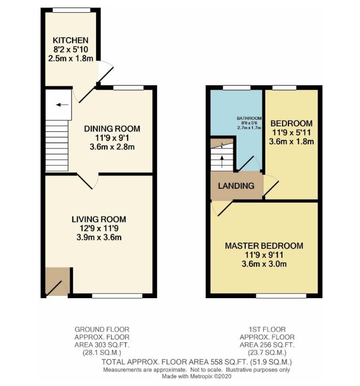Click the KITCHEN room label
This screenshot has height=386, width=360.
pyautogui.click(x=70, y=40)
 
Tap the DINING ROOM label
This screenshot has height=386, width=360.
pyautogui.click(x=112, y=129)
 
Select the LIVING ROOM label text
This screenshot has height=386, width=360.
pyautogui.click(x=99, y=219)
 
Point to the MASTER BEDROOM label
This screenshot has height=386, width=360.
pyautogui.click(x=264, y=246)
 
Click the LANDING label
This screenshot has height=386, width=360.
pyautogui.click(x=236, y=185)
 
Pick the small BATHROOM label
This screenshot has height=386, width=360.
pyautogui.click(x=249, y=118)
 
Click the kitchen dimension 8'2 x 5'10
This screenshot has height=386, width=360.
pyautogui.click(x=70, y=49)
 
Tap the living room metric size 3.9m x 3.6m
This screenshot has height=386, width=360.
pyautogui.click(x=99, y=237)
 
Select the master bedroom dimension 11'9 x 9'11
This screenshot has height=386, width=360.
pyautogui.click(x=264, y=255)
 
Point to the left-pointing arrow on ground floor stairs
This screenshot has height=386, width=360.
pyautogui.click(x=63, y=105)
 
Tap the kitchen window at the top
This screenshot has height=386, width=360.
pyautogui.click(x=71, y=10)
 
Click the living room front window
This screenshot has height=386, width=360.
pyautogui.click(x=117, y=296)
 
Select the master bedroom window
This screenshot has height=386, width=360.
pyautogui.click(x=281, y=296)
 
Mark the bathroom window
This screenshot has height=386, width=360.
pyautogui.click(x=236, y=88)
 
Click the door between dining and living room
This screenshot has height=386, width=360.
pyautogui.click(x=88, y=181)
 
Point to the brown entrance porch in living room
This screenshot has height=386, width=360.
pyautogui.click(x=57, y=281)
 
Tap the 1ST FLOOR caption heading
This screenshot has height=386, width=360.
pyautogui.click(x=267, y=329)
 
